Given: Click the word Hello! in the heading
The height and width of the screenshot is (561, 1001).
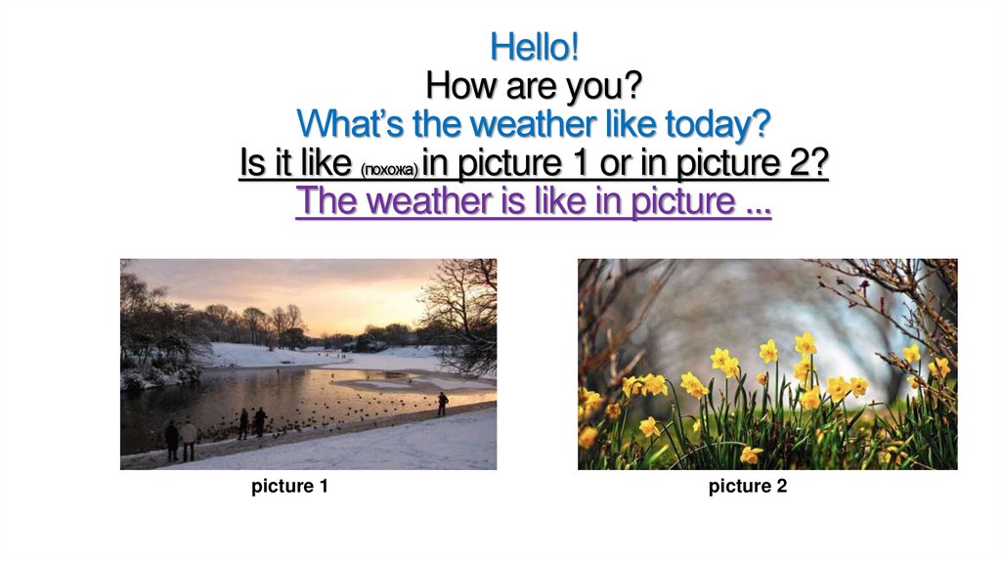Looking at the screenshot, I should pos(535,46).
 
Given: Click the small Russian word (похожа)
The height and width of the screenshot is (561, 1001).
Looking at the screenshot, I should pos(389,170).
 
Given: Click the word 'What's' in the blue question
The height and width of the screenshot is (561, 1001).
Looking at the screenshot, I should pos(342,125).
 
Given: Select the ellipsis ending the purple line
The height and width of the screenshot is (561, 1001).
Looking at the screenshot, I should pos(757,203).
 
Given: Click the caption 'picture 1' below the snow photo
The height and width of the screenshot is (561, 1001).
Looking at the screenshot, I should pos(289,486).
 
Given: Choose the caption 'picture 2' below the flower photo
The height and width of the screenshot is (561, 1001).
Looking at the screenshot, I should pos(748,486).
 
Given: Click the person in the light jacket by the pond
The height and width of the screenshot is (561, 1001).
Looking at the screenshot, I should pos(189,438).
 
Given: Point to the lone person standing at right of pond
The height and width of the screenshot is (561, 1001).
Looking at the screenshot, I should pos(443,403).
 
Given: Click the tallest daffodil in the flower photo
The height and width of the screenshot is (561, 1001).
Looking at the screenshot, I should pos(805,343).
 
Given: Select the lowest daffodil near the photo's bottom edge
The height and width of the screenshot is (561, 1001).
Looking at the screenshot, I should pos(750,454).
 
